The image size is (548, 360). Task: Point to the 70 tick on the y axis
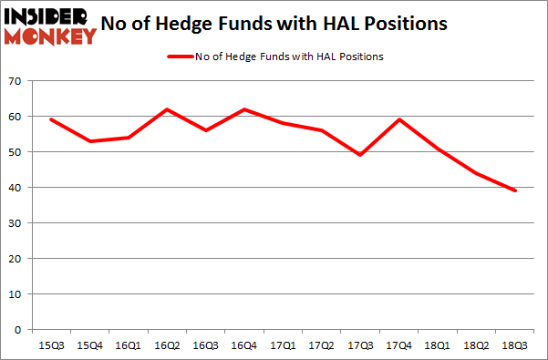coord(16,82)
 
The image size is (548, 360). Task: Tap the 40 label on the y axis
coord(16,188)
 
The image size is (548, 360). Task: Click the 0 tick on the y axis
coord(19,329)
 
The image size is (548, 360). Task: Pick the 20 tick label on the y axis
coord(16,258)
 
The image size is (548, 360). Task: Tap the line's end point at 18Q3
coord(516,190)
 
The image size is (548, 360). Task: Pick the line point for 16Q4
coord(243,109)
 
